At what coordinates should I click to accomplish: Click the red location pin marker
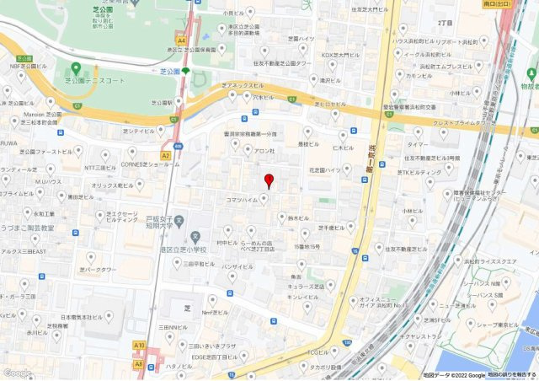tap(269, 180)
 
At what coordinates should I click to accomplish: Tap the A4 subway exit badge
tap(181, 40)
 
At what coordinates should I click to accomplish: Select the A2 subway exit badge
tap(166, 155)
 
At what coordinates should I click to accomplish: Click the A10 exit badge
tap(139, 345)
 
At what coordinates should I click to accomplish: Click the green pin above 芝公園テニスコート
tap(76, 68)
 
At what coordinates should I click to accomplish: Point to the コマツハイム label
tap(243, 200)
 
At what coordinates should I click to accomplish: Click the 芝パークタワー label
tap(97, 271)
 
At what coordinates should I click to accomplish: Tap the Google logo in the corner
tap(17, 373)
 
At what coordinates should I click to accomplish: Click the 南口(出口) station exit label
tap(497, 4)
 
